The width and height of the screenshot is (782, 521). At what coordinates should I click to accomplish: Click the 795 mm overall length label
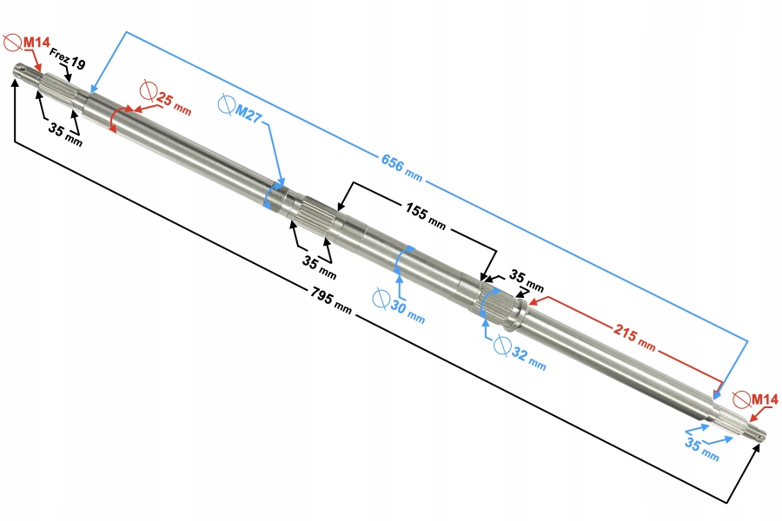[x=330, y=300]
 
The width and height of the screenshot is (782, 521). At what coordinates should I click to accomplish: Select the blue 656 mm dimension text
[x=401, y=167]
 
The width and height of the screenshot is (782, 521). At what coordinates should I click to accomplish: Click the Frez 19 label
[x=68, y=63]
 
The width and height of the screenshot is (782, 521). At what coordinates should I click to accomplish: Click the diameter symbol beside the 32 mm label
[x=501, y=346]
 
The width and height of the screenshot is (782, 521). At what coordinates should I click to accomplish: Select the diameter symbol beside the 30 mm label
[x=380, y=298]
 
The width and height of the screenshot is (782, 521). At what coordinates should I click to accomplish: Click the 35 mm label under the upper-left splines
[x=65, y=135]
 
